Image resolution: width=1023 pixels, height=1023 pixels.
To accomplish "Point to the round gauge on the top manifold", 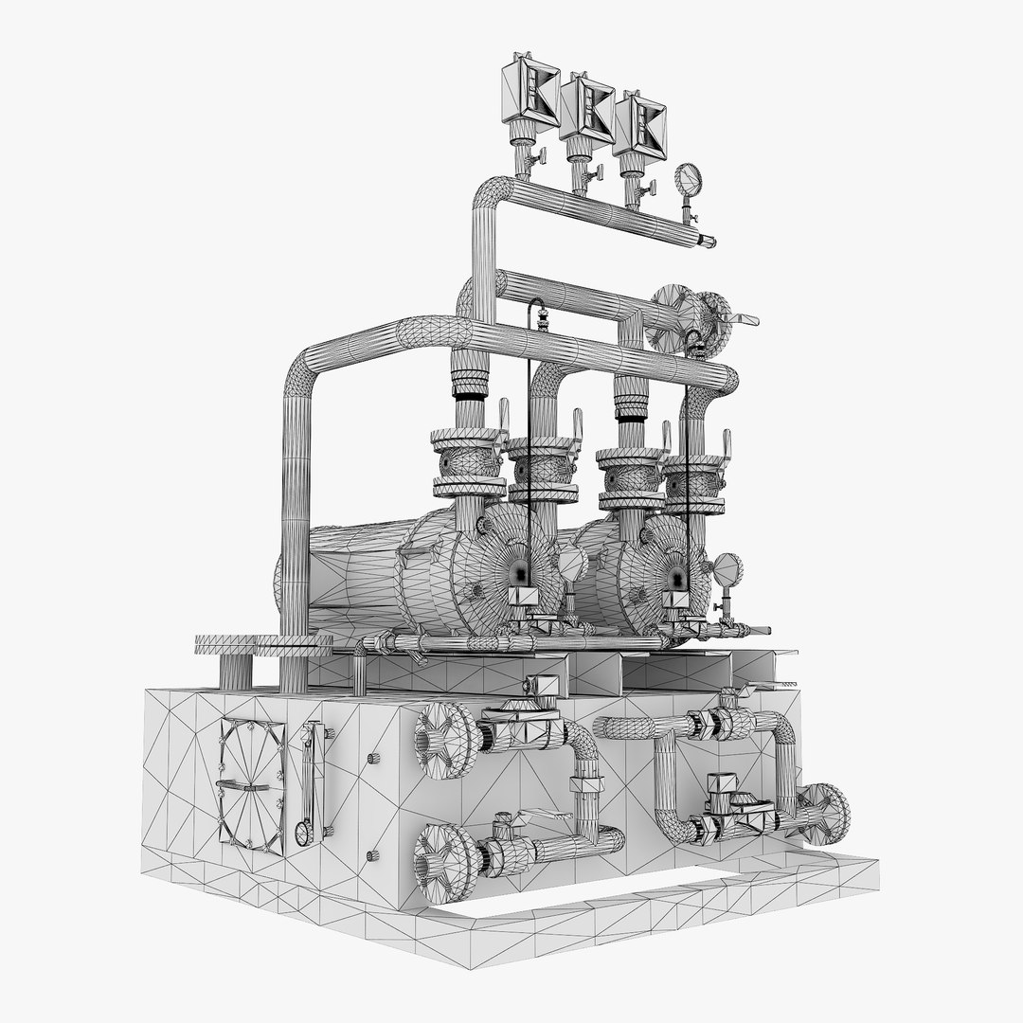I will [x=689, y=178].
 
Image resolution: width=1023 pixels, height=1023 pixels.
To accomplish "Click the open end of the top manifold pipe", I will [x=708, y=242].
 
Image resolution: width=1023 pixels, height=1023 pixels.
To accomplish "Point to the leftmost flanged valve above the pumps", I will [x=467, y=464].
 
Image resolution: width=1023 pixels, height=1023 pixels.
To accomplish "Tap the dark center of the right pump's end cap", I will [x=675, y=576].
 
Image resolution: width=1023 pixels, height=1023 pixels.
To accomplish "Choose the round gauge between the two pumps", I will [x=572, y=565].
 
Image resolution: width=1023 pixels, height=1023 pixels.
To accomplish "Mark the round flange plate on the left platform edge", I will [x=224, y=645].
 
